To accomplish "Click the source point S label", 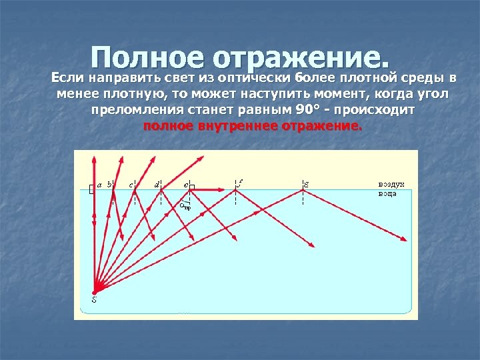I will (x=94, y=299).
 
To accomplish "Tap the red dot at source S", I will (x=94, y=291).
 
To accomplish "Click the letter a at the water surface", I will (x=99, y=185).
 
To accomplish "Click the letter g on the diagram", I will (x=306, y=183).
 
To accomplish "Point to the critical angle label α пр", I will (x=186, y=206).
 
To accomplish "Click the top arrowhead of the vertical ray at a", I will (x=94, y=157).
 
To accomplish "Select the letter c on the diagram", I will (x=131, y=184).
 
